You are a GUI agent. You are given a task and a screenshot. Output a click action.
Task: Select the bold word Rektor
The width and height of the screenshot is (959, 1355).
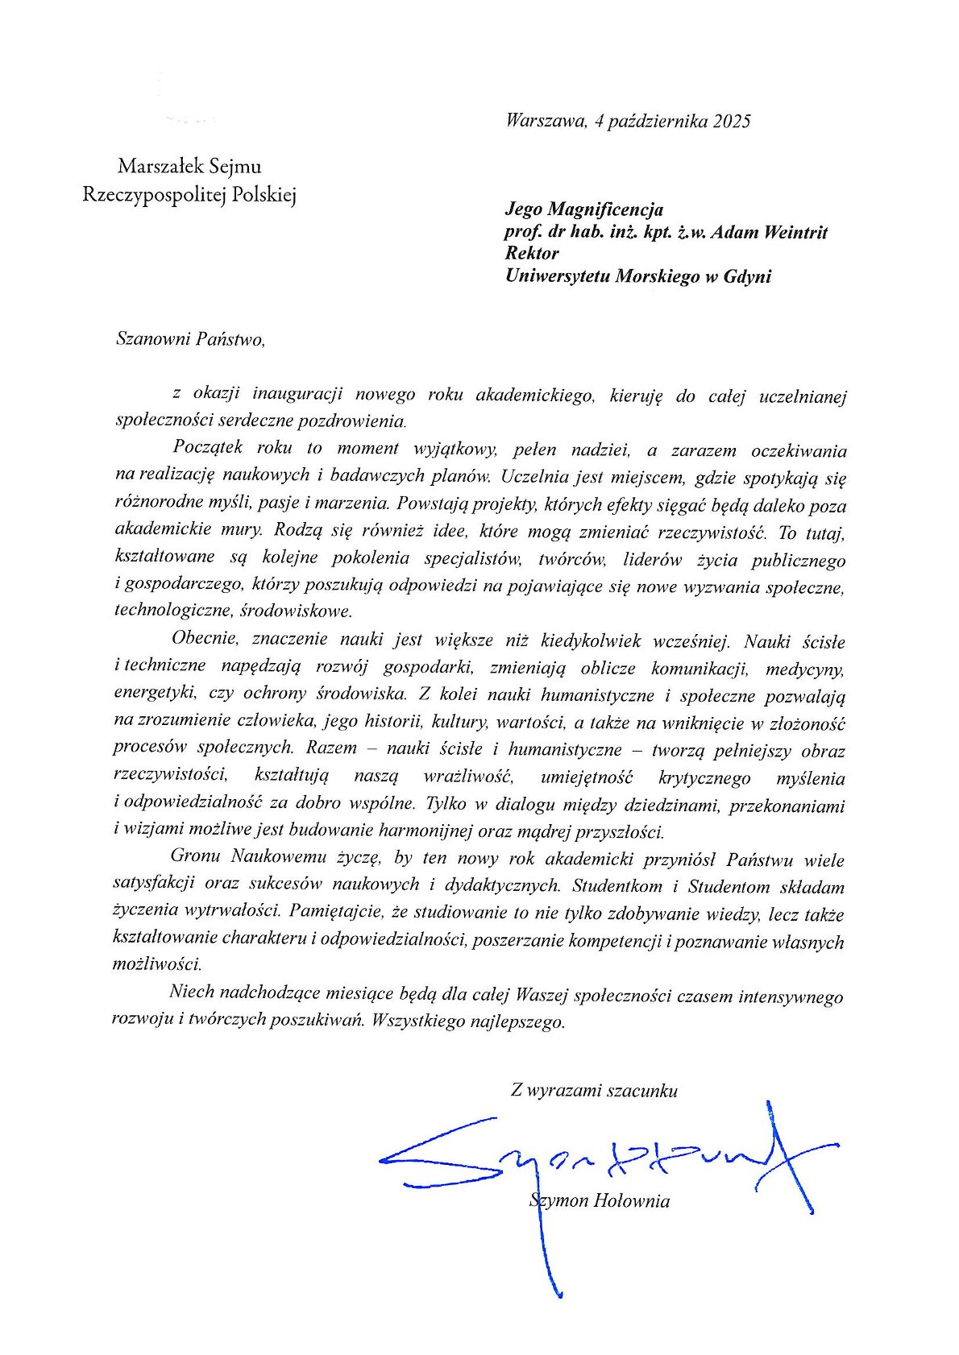click(x=531, y=254)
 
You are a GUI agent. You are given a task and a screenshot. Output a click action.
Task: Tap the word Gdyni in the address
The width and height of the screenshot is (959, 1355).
click(x=747, y=276)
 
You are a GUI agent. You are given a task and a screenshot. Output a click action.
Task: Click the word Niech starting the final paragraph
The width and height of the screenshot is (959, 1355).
click(x=191, y=992)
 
